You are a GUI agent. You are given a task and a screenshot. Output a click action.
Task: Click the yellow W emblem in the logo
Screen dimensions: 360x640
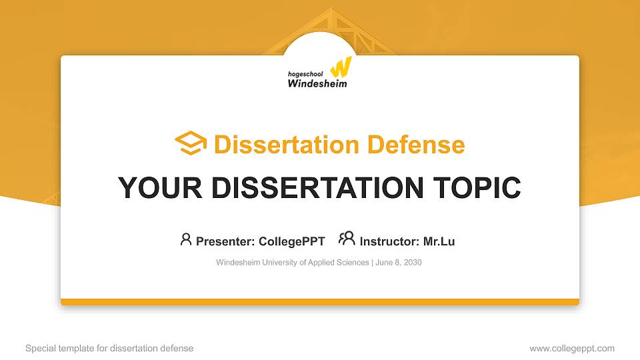click(x=341, y=67)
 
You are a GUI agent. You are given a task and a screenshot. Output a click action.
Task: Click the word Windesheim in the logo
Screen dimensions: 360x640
click(x=317, y=83)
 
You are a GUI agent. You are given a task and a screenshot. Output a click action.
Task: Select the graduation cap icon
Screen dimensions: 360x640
click(x=191, y=143)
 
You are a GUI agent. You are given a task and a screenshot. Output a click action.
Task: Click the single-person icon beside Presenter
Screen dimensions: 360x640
click(x=186, y=239)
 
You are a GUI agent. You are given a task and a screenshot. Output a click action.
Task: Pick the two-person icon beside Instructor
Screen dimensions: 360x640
click(x=347, y=239)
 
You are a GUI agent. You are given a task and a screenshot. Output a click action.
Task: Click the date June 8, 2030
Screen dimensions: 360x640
click(x=399, y=263)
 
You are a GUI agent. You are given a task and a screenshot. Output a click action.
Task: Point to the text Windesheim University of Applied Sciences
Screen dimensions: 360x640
click(x=292, y=263)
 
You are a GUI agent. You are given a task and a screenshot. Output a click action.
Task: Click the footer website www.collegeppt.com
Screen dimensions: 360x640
click(x=572, y=348)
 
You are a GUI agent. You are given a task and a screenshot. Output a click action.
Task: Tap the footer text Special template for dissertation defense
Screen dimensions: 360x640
click(x=109, y=348)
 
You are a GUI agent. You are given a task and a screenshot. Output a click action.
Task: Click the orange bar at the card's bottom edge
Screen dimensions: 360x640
click(x=320, y=302)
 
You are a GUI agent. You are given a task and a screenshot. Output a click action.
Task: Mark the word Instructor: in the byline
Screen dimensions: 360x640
click(x=389, y=241)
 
